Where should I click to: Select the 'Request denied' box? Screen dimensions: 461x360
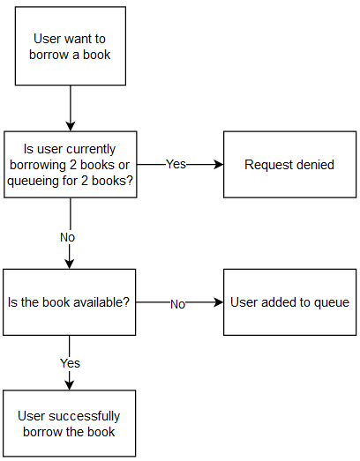pyautogui.click(x=289, y=165)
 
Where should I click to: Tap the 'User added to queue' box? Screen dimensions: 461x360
pyautogui.click(x=289, y=302)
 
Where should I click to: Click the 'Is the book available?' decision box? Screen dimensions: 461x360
pyautogui.click(x=70, y=302)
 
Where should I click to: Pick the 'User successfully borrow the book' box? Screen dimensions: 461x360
pyautogui.click(x=70, y=423)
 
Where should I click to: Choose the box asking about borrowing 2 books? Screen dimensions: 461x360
pyautogui.click(x=70, y=165)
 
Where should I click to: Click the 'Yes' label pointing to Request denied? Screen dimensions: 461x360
pyautogui.click(x=176, y=165)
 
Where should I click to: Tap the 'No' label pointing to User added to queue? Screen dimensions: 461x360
pyautogui.click(x=177, y=303)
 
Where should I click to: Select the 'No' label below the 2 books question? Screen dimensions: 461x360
pyautogui.click(x=68, y=237)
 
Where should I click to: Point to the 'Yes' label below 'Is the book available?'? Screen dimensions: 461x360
pyautogui.click(x=70, y=363)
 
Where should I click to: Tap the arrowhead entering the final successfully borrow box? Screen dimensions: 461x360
pyautogui.click(x=70, y=384)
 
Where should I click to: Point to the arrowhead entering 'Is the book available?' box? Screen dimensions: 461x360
pyautogui.click(x=70, y=264)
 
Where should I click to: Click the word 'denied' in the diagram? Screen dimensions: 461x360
pyautogui.click(x=314, y=165)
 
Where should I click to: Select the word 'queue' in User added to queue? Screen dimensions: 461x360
pyautogui.click(x=332, y=302)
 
